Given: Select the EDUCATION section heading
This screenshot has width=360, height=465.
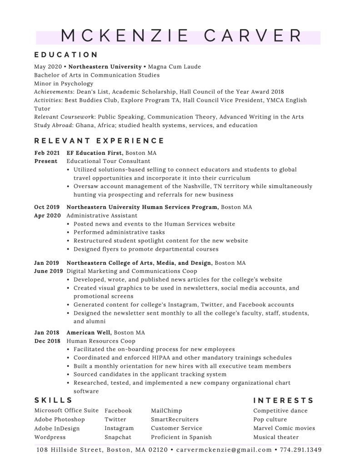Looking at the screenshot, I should pyautogui.click(x=66, y=54).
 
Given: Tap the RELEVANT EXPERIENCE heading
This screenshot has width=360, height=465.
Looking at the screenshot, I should pyautogui.click(x=99, y=141).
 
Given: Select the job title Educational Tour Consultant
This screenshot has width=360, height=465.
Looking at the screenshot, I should pyautogui.click(x=108, y=161).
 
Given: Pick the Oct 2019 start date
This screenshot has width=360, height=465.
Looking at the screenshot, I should pyautogui.click(x=47, y=207).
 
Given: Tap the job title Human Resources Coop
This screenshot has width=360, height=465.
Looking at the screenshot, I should pyautogui.click(x=100, y=341).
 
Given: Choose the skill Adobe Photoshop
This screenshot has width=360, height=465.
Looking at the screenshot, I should pyautogui.click(x=60, y=420).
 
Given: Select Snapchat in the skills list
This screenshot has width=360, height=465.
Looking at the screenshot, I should pyautogui.click(x=118, y=437).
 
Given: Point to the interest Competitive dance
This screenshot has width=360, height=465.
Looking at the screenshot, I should pyautogui.click(x=280, y=411).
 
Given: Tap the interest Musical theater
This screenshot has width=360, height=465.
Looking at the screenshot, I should pyautogui.click(x=276, y=437).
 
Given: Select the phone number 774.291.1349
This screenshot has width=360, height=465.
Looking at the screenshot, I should pyautogui.click(x=301, y=450).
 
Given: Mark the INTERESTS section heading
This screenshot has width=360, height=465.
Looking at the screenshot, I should pyautogui.click(x=283, y=400).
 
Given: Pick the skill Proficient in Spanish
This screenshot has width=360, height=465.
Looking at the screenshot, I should pyautogui.click(x=181, y=437).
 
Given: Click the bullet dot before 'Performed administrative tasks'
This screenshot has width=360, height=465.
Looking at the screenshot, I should pyautogui.click(x=68, y=232).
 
